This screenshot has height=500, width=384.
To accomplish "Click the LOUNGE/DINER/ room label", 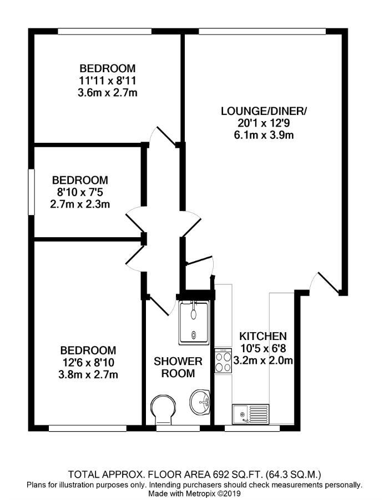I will click(x=264, y=111).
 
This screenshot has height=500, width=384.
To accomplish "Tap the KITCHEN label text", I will click(x=262, y=336).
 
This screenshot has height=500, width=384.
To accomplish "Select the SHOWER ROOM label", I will click(x=178, y=367).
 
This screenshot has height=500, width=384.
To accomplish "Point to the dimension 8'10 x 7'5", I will click(x=80, y=192).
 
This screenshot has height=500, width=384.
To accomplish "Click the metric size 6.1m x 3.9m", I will click(x=264, y=134).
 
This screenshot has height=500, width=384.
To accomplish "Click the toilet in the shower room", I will click(x=162, y=409).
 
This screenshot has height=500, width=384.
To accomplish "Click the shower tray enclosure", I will click(x=193, y=321).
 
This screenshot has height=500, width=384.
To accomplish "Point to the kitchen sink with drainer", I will click(x=256, y=414).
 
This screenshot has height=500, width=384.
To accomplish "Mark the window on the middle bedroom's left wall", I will click(x=31, y=191).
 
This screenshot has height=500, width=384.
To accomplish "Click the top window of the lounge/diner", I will click(x=262, y=32).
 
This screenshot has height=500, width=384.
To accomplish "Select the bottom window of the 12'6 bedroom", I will click(x=87, y=428).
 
